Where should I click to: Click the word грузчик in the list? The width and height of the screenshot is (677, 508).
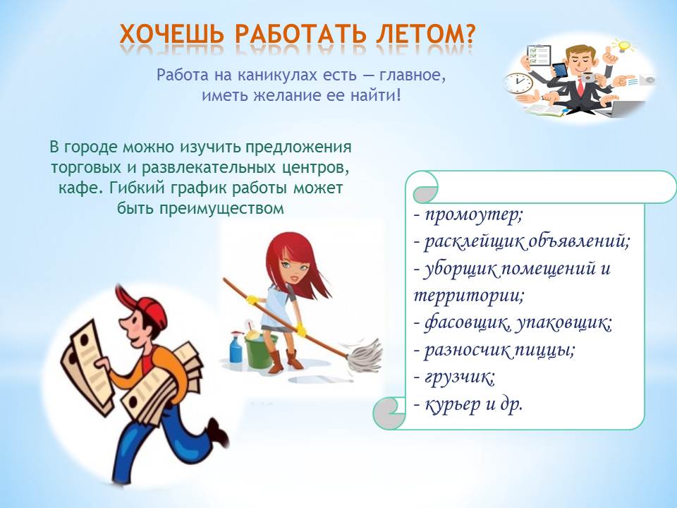(x=460, y=377)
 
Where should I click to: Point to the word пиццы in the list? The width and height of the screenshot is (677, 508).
(x=543, y=350)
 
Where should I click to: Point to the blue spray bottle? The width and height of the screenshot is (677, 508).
(x=236, y=347)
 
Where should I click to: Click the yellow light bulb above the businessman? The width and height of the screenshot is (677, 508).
(x=625, y=45)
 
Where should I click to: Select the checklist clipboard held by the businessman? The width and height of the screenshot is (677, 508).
(x=537, y=55)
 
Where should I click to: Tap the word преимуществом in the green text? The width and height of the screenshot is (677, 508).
(x=221, y=209)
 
